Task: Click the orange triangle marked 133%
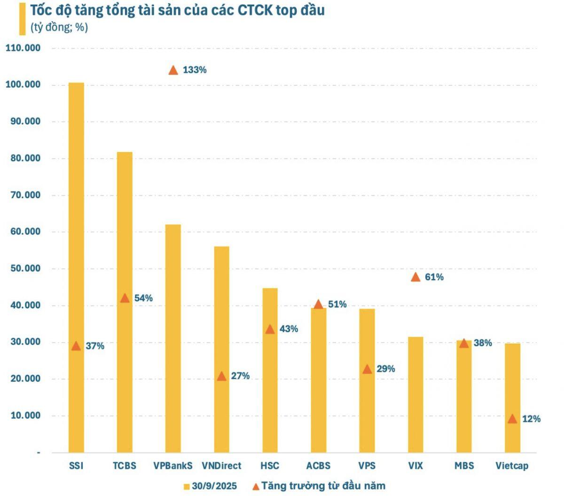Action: tap(173, 70)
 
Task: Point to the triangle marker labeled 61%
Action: tap(415, 277)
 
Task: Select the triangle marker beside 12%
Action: tap(512, 419)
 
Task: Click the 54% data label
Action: tap(143, 298)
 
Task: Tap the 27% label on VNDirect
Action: tap(240, 376)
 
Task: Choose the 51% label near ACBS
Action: tap(337, 304)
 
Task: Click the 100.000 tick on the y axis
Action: tap(23, 85)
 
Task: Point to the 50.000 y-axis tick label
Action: tap(25, 269)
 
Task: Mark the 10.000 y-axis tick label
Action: tap(25, 415)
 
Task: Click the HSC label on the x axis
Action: tap(270, 466)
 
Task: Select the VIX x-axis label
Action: tap(415, 466)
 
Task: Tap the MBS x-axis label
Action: tap(464, 466)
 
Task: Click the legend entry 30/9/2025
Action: tap(214, 486)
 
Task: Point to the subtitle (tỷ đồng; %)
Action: tap(59, 27)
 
